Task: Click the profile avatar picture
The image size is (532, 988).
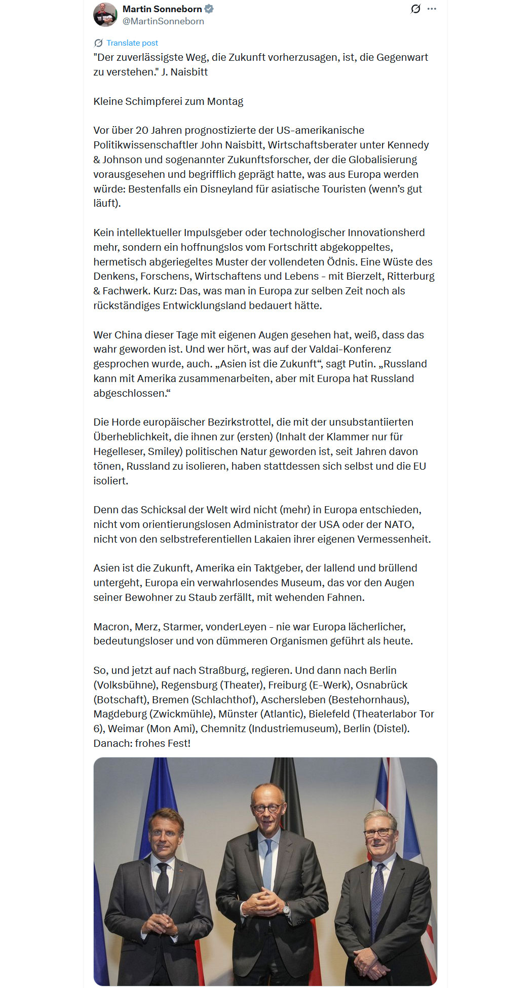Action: pos(105,15)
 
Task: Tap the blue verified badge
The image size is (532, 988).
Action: pos(209,9)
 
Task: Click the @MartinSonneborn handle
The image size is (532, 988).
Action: pos(163,21)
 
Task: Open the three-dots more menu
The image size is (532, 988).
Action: pos(432,9)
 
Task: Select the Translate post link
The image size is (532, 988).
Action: pos(132,43)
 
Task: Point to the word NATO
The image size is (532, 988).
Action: pos(399,524)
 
